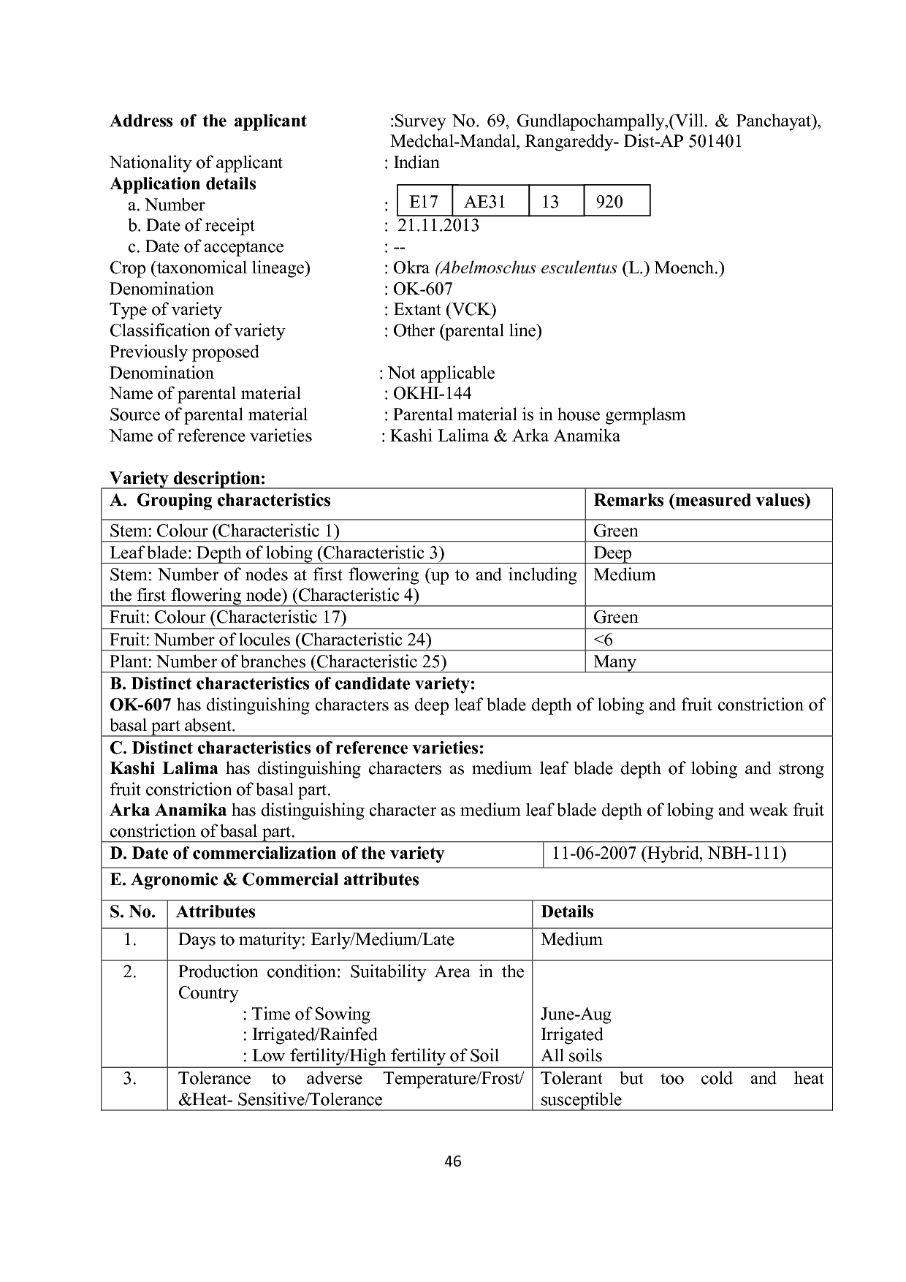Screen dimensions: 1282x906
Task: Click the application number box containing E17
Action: (424, 202)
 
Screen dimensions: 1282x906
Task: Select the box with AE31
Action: (485, 202)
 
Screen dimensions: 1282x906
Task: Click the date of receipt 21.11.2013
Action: (438, 225)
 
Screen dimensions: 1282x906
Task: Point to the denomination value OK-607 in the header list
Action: (423, 289)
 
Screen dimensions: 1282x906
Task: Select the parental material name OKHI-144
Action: (433, 394)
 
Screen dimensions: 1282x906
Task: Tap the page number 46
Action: (453, 1161)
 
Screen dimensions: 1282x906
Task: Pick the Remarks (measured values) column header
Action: (702, 501)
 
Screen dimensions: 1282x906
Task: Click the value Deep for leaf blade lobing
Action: (612, 553)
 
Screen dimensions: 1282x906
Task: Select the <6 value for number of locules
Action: (604, 640)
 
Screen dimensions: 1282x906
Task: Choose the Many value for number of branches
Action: (614, 661)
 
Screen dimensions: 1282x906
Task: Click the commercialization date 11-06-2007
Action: (593, 854)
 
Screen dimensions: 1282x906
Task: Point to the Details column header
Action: (567, 911)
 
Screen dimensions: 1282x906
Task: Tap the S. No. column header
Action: (133, 911)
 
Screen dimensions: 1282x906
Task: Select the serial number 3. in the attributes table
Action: (130, 1078)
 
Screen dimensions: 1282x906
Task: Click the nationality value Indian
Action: (416, 162)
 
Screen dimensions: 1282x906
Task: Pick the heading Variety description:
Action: (187, 478)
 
